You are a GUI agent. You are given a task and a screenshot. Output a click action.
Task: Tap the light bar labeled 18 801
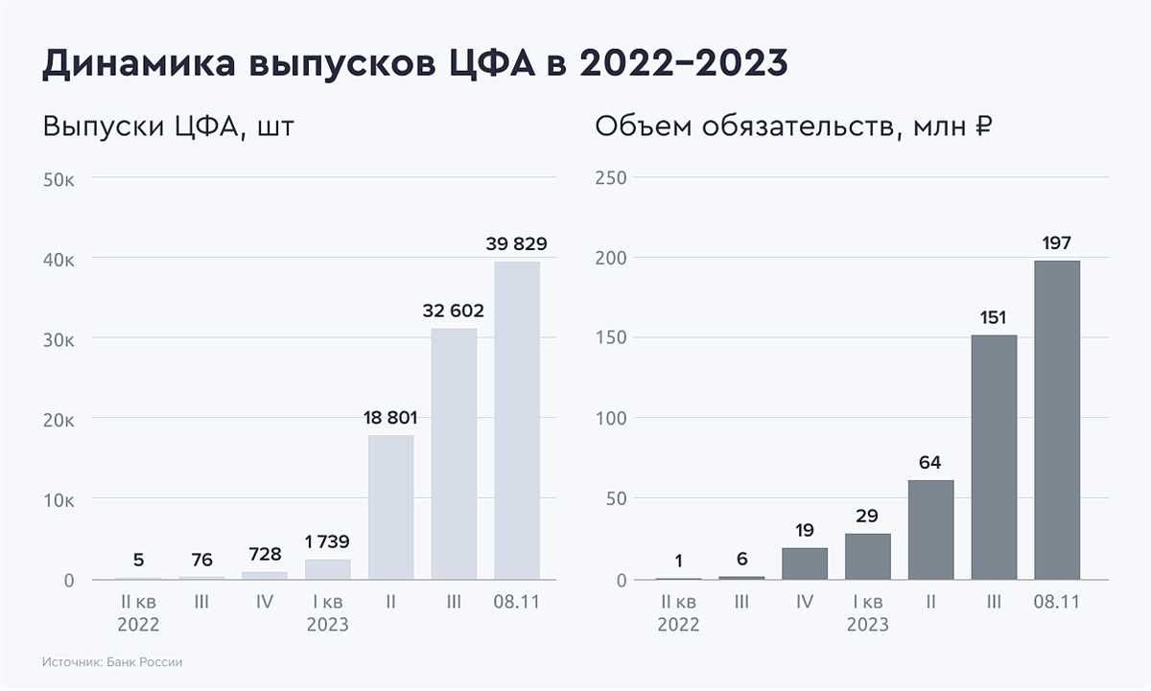[x=390, y=507]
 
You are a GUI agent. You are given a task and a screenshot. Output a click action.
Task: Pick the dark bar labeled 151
[x=994, y=457]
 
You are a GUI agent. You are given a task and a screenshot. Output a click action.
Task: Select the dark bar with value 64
[x=930, y=529]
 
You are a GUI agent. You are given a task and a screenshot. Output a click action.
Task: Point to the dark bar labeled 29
[x=867, y=556]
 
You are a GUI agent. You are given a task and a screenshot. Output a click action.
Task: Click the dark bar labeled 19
[x=805, y=564]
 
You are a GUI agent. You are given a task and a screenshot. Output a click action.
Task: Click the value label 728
[x=264, y=553]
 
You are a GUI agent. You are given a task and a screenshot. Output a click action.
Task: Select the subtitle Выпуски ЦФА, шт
[x=167, y=127]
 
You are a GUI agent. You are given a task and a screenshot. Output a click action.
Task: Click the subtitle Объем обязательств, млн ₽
[x=794, y=127]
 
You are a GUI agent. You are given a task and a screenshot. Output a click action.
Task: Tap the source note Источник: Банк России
[x=112, y=662]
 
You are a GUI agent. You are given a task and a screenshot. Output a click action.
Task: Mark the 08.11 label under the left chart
[x=517, y=602]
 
